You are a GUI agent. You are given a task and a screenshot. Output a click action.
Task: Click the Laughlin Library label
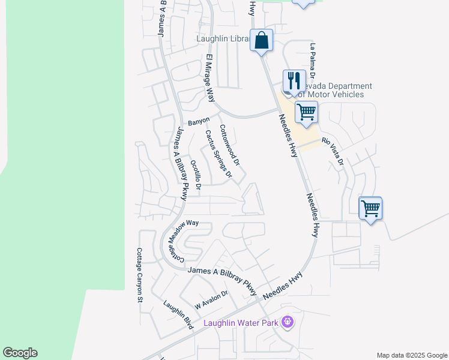pos(223,39)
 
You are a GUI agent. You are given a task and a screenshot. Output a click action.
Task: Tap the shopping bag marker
pos(261,41)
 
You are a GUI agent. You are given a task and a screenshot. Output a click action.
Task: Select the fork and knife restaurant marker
pos(294,81)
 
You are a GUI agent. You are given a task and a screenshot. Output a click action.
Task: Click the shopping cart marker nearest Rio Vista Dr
pos(307,112)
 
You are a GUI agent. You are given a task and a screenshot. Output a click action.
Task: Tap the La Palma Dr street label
pos(312,58)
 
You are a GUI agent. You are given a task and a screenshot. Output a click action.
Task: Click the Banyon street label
pos(199,121)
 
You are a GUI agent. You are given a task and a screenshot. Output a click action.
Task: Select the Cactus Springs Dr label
pos(218,154)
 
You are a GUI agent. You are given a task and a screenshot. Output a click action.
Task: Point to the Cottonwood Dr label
pos(229,146)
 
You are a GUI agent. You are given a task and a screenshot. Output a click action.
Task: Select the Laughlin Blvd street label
pos(178,314)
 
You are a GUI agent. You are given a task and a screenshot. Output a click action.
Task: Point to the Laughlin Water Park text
pos(241,323)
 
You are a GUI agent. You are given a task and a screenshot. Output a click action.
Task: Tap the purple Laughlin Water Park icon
pos(288,322)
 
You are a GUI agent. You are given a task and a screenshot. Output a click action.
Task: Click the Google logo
pos(20,353)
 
